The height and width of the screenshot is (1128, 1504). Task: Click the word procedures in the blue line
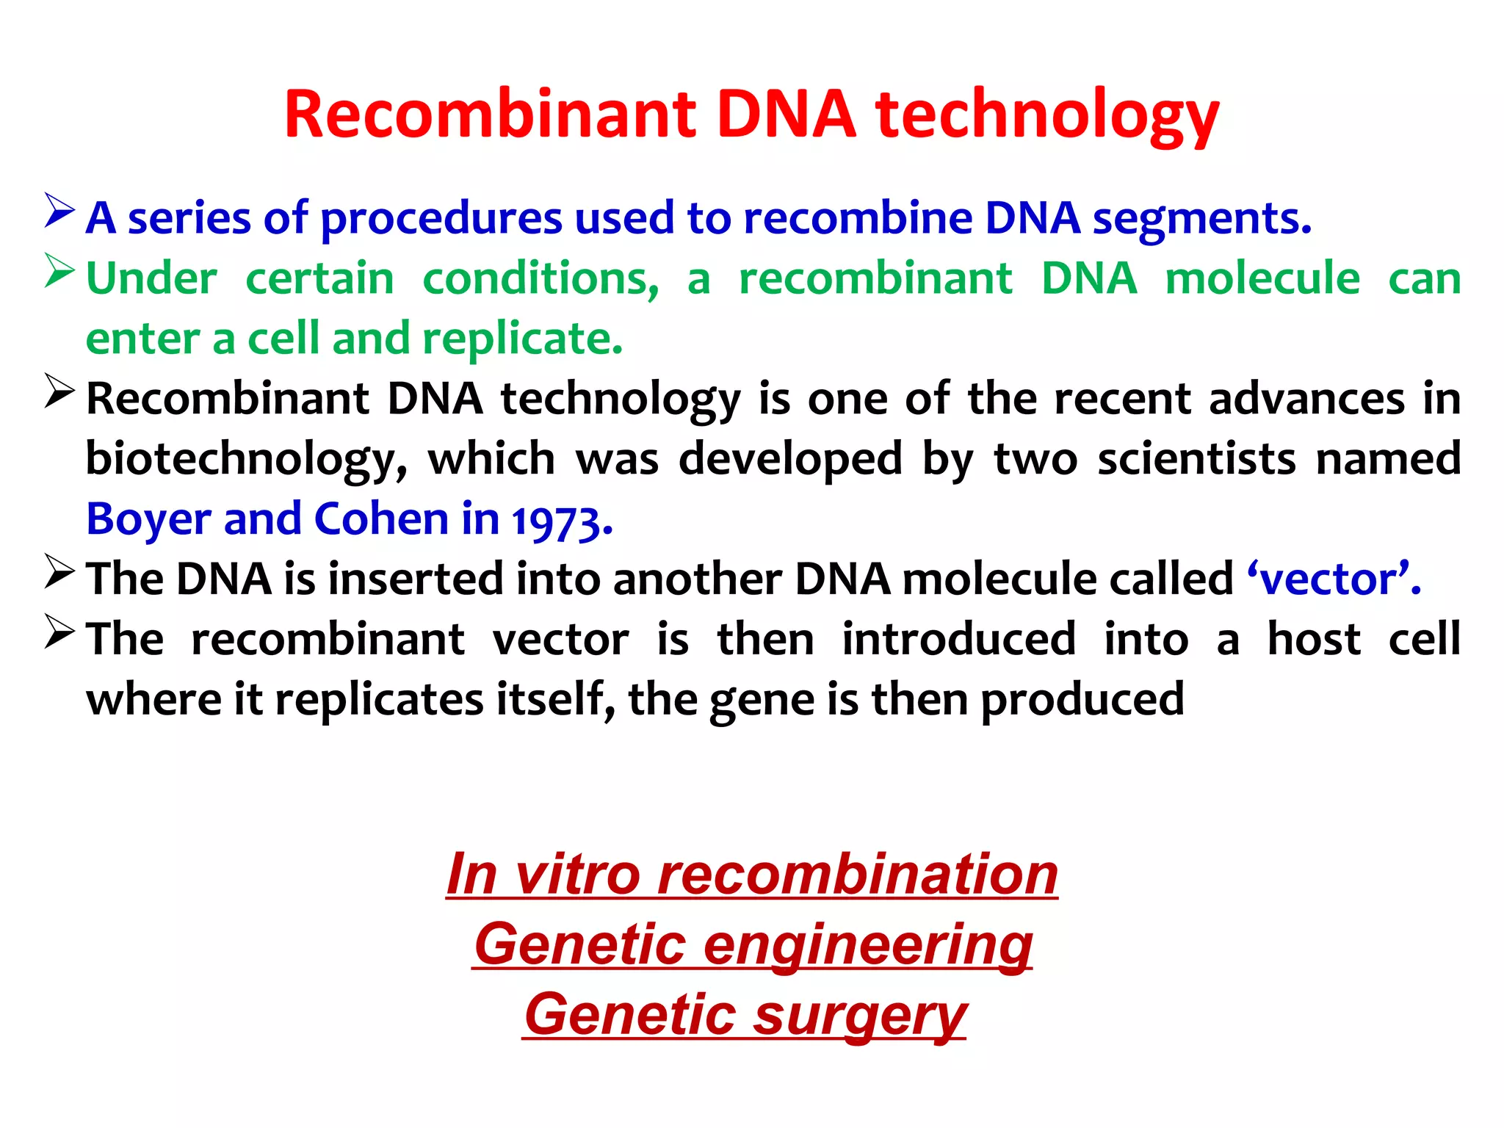point(441,219)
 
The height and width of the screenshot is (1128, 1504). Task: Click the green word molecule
point(1262,279)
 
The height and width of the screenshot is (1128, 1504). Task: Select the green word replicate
point(522,339)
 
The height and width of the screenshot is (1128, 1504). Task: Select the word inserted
point(416,579)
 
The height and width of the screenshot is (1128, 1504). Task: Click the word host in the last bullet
point(1314,639)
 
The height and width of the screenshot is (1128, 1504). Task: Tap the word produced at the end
point(1082,700)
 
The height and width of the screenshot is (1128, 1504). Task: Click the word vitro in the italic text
point(577,875)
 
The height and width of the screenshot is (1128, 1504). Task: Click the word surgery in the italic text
point(860,1016)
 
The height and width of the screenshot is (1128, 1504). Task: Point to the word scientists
point(1196,460)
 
